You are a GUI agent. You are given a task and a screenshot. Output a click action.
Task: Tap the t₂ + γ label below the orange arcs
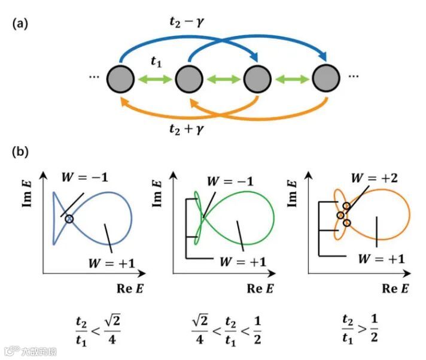coord(191,127)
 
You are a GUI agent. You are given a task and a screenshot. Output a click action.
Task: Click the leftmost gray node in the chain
coord(119,78)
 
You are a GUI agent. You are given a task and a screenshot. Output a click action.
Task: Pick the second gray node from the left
coord(188,78)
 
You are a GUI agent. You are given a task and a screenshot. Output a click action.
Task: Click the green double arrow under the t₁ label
coord(154,78)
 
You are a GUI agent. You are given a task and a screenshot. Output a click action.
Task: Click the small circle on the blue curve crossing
coord(69,219)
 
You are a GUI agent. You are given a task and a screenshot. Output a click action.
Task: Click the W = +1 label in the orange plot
coord(381,258)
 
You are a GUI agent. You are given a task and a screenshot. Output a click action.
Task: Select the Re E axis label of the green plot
coord(261,288)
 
